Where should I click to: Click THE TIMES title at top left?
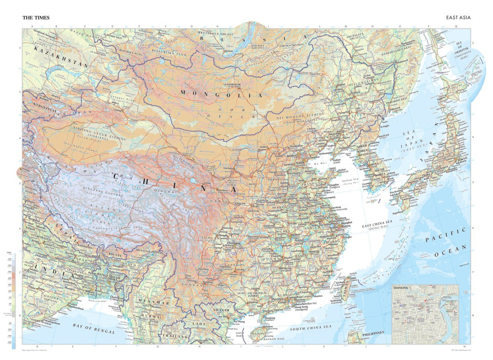pyautogui.click(x=36, y=18)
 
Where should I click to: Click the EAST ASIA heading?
pyautogui.click(x=458, y=18)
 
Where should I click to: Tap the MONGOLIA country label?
pyautogui.click(x=221, y=94)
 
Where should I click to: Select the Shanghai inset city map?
pyautogui.click(x=425, y=314)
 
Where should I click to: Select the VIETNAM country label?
pyautogui.click(x=220, y=308)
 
